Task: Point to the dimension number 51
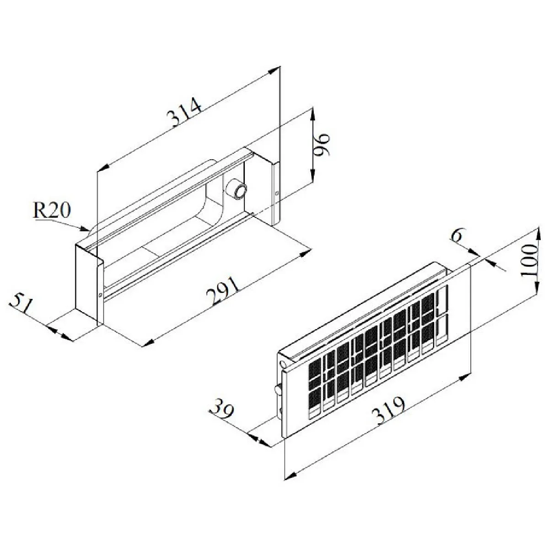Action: pos(22,303)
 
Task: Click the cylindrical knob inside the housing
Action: pos(237,189)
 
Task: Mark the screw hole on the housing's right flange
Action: pos(277,193)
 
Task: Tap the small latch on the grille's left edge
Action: pos(277,390)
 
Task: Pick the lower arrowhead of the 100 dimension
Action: pos(535,289)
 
